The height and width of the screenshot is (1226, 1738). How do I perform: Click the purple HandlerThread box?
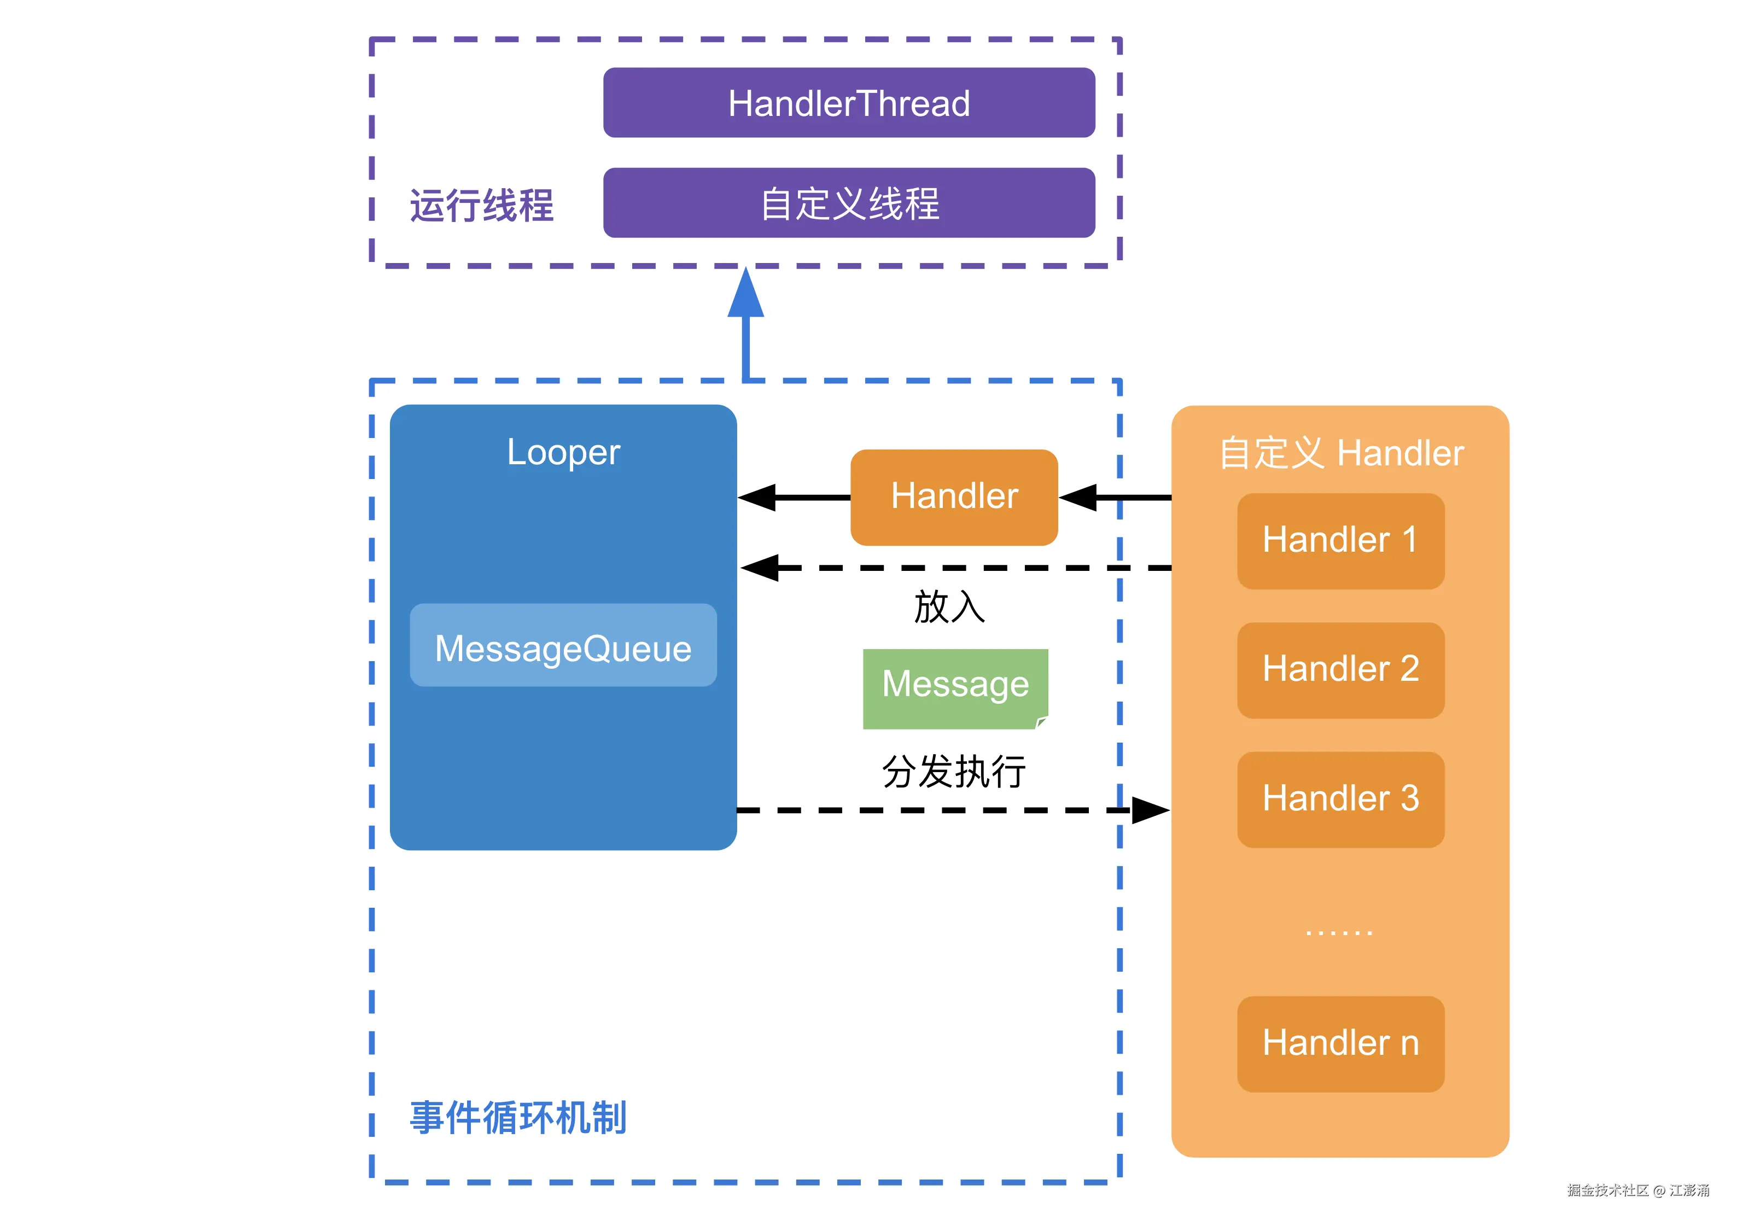pos(849,103)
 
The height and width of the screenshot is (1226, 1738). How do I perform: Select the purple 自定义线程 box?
pos(849,203)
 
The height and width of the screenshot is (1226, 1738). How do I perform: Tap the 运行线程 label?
pos(481,205)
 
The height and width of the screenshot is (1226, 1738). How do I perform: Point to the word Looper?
pos(563,453)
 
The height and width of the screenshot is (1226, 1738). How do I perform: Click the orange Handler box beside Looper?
pos(954,497)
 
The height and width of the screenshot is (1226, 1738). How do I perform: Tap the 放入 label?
pos(949,607)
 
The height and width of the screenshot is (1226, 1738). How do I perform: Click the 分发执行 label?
pos(954,772)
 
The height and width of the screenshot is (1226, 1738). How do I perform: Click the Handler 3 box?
pos(1340,799)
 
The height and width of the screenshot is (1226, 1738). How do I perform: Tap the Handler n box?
pos(1340,1043)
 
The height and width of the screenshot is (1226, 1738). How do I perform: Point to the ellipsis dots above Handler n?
pos(1338,933)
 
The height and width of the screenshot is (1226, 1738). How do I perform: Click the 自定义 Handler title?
pos(1340,453)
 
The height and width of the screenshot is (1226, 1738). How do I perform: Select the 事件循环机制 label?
pos(518,1118)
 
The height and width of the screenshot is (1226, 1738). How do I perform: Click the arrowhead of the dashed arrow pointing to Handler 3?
pos(1151,810)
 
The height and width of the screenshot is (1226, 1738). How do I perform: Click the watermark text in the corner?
pos(1637,1190)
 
